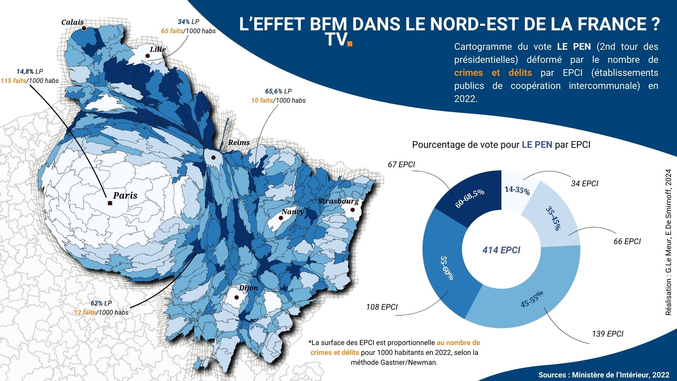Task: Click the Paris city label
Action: coord(125,195)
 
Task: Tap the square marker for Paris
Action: coord(110,203)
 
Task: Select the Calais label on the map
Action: coord(72,22)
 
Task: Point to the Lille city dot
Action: coord(147,56)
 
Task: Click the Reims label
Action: coord(239,143)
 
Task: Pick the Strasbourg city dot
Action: coord(352,210)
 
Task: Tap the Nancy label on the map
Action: coord(292,211)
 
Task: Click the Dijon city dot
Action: coord(237,297)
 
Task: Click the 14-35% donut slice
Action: coord(517,190)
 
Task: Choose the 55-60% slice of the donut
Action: coord(445,268)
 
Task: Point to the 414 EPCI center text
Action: coord(501,250)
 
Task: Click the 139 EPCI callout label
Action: coord(608,334)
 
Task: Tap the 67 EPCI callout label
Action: coord(401,164)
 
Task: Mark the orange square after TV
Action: coord(350,44)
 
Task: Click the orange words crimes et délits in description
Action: coord(493,73)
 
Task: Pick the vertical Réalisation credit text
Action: coord(668,242)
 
